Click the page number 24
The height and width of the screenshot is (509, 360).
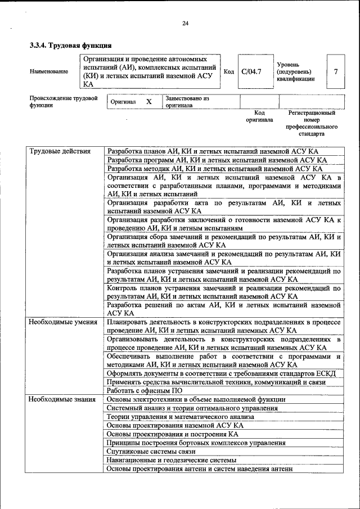[185, 23]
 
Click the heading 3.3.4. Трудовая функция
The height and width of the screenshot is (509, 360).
[70, 44]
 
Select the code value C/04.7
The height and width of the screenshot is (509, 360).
[251, 71]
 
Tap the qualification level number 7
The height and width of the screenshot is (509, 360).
[336, 71]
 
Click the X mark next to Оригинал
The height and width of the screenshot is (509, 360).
[149, 102]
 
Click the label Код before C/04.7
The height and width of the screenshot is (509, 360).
[229, 71]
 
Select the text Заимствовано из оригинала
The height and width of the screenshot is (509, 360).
[187, 102]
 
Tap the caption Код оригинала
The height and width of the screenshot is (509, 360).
[259, 116]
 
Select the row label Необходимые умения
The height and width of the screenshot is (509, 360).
[63, 322]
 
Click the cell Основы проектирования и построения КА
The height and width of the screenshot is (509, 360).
[173, 434]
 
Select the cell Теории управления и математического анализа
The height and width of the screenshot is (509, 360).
[180, 417]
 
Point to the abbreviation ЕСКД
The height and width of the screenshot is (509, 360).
[324, 373]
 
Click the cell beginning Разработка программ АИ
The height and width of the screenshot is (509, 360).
[217, 160]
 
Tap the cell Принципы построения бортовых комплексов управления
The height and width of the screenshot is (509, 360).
[196, 443]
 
